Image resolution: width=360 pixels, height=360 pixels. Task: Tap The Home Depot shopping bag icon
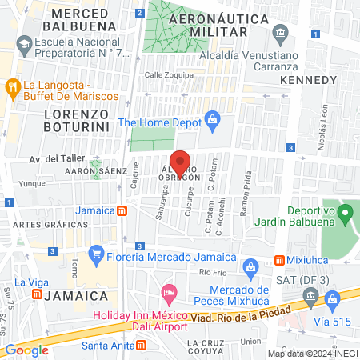212,122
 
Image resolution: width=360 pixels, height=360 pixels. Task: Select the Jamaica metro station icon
122,210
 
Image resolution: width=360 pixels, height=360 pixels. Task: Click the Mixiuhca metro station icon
279,260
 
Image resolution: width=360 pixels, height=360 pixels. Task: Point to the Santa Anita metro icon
141,346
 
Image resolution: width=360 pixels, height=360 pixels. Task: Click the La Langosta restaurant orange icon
13,85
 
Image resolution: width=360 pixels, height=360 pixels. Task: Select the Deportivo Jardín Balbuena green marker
346,214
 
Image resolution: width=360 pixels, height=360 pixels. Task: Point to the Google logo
27,350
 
